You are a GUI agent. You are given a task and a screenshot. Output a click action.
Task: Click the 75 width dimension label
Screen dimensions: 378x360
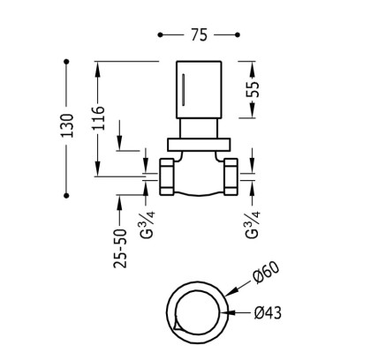[200, 35]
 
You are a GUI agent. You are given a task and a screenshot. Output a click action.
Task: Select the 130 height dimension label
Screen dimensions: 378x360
[66, 125]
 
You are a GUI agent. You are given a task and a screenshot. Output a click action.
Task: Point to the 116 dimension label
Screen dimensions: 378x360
[98, 118]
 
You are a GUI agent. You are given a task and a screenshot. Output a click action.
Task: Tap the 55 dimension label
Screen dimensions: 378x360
[253, 89]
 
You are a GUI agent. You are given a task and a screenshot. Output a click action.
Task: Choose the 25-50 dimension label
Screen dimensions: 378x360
[120, 249]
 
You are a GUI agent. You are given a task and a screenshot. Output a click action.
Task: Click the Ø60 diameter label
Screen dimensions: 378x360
[266, 273]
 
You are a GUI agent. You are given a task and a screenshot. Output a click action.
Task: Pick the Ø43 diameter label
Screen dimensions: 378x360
[268, 312]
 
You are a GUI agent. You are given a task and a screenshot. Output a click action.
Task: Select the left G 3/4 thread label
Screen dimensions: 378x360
[147, 224]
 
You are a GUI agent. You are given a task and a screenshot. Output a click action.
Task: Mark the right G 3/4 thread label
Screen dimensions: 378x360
[253, 224]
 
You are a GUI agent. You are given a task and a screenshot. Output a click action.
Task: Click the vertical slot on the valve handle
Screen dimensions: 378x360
[184, 90]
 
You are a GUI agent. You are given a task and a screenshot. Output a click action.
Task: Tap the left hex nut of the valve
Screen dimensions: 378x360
[167, 176]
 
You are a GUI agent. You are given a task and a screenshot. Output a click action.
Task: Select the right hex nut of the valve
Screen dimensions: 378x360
[231, 176]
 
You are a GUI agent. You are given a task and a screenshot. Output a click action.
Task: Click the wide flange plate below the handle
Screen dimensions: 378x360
[199, 145]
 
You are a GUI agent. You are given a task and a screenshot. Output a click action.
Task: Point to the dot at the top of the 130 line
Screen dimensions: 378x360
[66, 62]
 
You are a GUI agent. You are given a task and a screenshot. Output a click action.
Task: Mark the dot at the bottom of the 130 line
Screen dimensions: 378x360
[66, 196]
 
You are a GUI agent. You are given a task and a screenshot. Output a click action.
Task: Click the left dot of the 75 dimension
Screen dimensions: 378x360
[160, 35]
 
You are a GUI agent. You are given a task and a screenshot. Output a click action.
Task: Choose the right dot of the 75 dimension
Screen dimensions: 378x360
[238, 35]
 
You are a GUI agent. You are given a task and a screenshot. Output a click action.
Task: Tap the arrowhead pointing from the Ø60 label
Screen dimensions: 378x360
[231, 291]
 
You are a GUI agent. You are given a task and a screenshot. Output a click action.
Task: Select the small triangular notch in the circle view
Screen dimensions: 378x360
[177, 326]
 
